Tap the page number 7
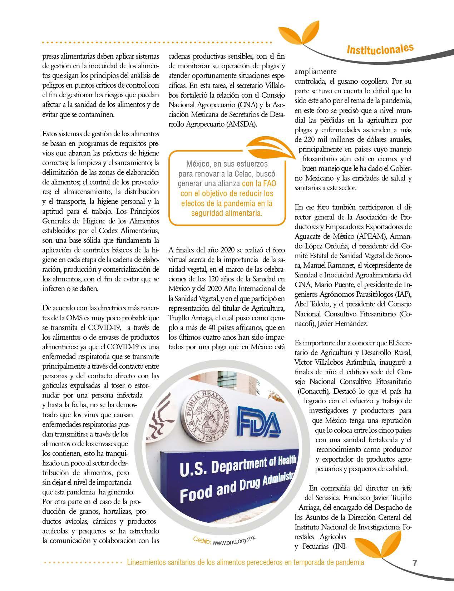pos(415,563)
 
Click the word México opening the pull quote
pos(198,164)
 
